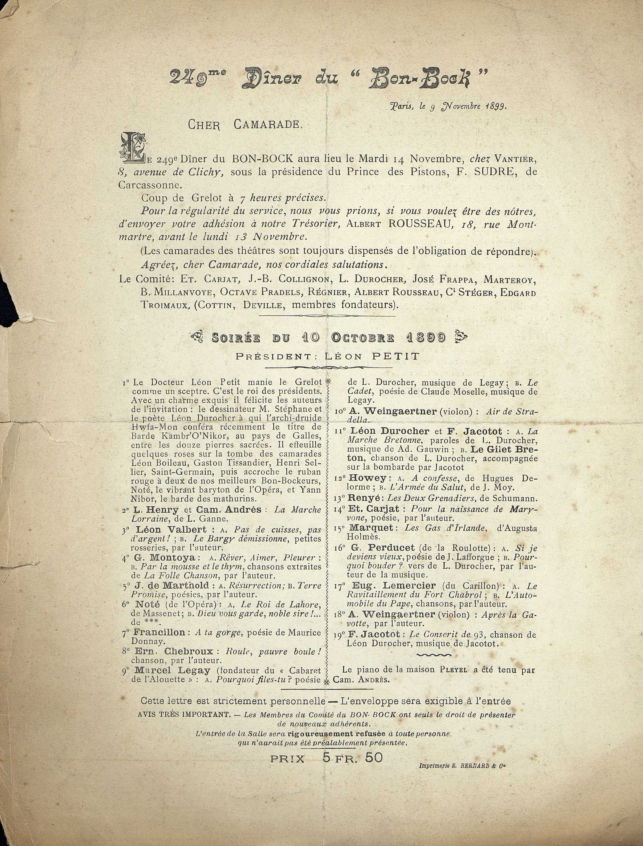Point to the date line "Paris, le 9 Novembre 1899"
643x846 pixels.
448,107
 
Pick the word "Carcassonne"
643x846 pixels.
149,185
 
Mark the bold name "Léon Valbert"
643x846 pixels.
171,530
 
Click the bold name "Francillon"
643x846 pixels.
159,632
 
